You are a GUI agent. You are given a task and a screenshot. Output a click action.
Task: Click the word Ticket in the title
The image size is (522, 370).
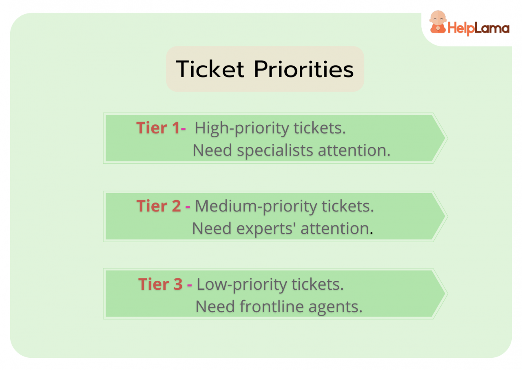210,69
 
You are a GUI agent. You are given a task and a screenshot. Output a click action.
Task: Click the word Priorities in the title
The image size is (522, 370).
304,70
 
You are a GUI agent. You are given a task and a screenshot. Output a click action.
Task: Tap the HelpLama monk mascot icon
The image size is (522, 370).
438,22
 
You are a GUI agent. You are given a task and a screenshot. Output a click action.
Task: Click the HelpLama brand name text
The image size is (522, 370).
478,29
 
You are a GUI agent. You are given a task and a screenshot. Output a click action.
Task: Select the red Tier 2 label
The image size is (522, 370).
158,206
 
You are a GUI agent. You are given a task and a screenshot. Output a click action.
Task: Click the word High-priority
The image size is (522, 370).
241,129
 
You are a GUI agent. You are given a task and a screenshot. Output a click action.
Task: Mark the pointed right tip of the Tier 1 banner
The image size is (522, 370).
446,138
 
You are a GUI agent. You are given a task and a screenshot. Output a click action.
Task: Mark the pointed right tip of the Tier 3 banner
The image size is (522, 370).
446,294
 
